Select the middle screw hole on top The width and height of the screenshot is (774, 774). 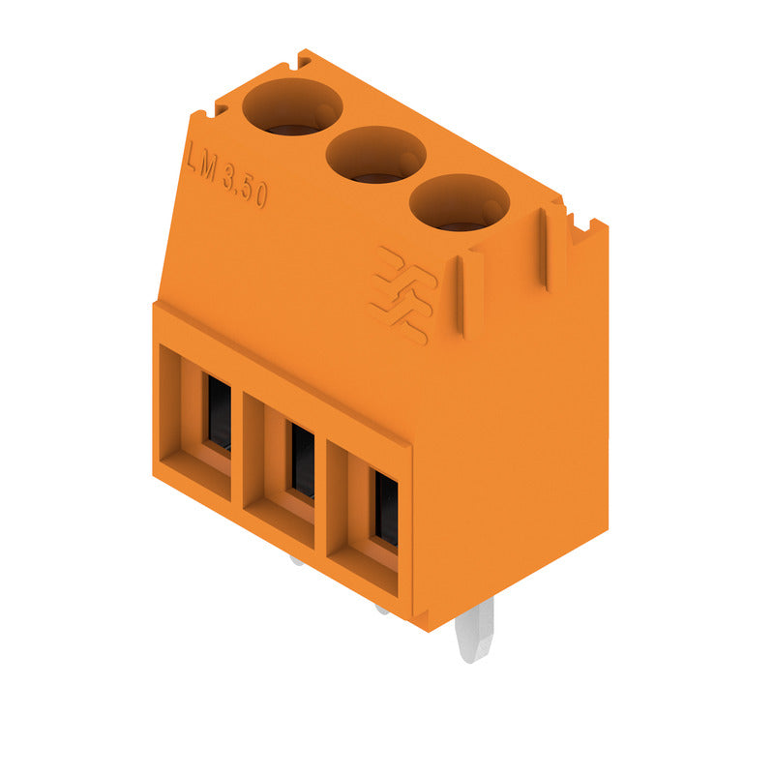(375, 154)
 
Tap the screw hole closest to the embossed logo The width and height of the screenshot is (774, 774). (459, 202)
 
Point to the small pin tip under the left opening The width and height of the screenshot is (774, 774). (296, 559)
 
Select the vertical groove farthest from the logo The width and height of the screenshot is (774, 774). (548, 248)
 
